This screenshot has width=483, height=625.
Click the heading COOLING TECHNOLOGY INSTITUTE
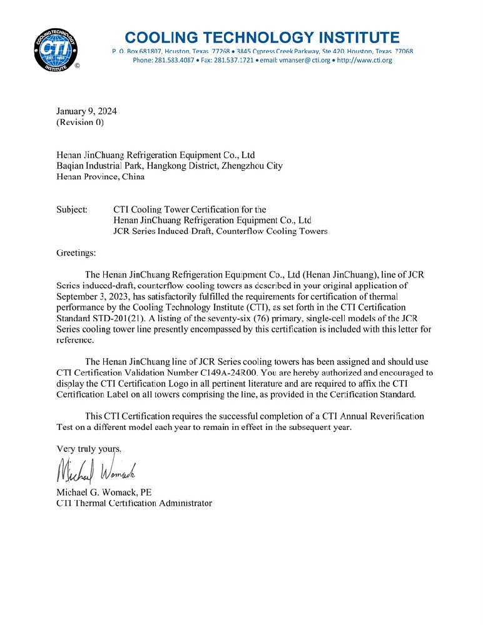tap(262, 37)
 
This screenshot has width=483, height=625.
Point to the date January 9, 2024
tap(86, 111)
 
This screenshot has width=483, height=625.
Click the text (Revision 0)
tap(80, 122)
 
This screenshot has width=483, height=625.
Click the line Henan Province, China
tap(100, 176)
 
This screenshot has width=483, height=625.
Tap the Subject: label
tap(72, 209)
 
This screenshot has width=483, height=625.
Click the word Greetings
tap(76, 253)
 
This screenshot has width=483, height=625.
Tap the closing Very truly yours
tap(89, 448)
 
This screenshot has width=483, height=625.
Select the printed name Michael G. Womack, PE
tap(104, 492)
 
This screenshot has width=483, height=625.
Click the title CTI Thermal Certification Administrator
tap(134, 502)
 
